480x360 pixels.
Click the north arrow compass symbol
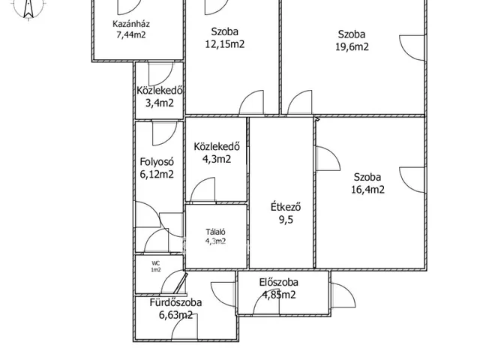pos(28,9)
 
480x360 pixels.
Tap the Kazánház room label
pos(131,24)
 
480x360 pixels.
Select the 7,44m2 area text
pos(131,34)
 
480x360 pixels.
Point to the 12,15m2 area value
pos(225,44)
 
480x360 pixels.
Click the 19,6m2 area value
pos(352,46)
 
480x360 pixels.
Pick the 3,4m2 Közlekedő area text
pos(160,103)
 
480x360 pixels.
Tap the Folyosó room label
pos(157,162)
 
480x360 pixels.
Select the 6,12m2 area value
pos(157,174)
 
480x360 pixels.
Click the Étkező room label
pos(286,207)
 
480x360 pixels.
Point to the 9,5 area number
pos(286,220)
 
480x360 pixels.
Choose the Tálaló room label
pos(215,232)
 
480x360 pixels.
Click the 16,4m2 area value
pos(367,190)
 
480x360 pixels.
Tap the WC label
pos(155,263)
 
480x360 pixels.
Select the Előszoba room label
pos(278,282)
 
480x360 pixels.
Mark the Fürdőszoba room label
pos(175,303)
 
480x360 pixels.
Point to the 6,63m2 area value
pos(175,315)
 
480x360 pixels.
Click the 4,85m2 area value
pos(279,295)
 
